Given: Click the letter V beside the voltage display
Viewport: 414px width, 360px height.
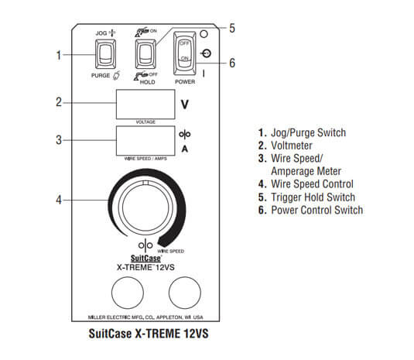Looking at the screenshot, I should [x=184, y=104].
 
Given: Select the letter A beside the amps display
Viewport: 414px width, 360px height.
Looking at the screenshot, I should [x=184, y=147].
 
